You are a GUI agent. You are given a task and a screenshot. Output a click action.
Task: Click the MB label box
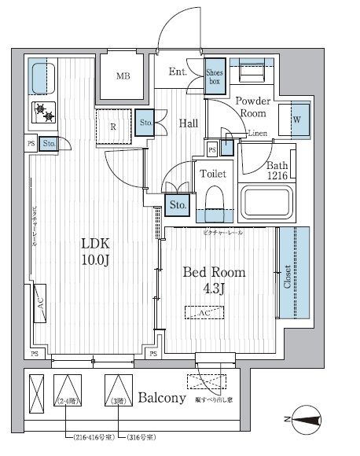pos(123,76)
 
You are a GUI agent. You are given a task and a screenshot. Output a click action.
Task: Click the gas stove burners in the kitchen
pos(45,112)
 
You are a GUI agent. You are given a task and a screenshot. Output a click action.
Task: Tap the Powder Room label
pos(253,107)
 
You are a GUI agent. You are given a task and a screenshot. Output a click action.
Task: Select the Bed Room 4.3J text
pos(213,280)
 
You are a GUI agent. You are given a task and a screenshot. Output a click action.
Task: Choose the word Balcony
pos(161,398)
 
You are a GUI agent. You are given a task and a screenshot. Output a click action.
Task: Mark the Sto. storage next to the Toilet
pos(178,205)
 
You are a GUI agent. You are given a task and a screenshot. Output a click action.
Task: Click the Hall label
pos(187,123)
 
